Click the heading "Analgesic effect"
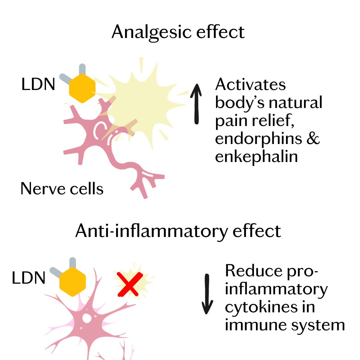178,32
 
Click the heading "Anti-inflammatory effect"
178,231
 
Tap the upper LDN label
38,85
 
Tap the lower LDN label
28,278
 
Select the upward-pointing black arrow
197,103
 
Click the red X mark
130,284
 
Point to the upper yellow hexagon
82,87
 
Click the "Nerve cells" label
62,189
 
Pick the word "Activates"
250,85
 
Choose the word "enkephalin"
256,156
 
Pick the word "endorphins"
260,138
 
